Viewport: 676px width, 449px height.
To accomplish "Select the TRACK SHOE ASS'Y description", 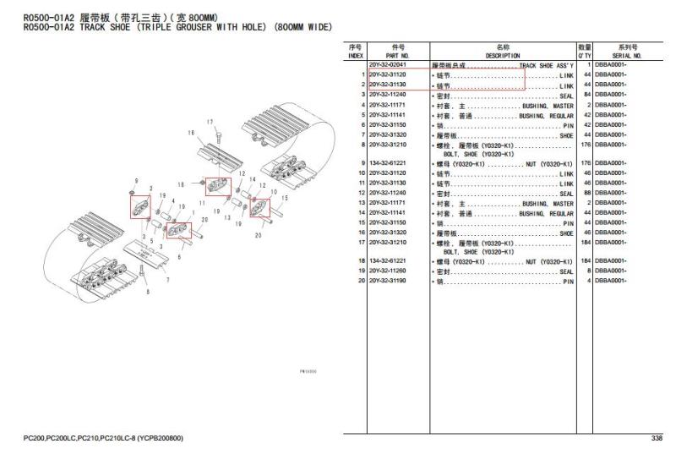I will coord(546,65).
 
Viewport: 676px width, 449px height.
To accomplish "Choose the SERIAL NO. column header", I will coord(626,52).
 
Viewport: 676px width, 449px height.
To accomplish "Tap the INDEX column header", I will coord(355,52).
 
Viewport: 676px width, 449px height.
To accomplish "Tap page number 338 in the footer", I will coord(657,437).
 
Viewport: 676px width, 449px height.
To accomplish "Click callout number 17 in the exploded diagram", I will coord(210,122).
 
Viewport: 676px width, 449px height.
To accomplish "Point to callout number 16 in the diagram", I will coord(191,134).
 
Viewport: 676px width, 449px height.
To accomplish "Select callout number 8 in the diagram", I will coord(150,293).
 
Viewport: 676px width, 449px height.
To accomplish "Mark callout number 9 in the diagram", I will coord(135,182).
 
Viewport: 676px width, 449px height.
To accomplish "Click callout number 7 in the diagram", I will coord(166,280).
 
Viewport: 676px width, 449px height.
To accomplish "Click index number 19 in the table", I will coord(361,271).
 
